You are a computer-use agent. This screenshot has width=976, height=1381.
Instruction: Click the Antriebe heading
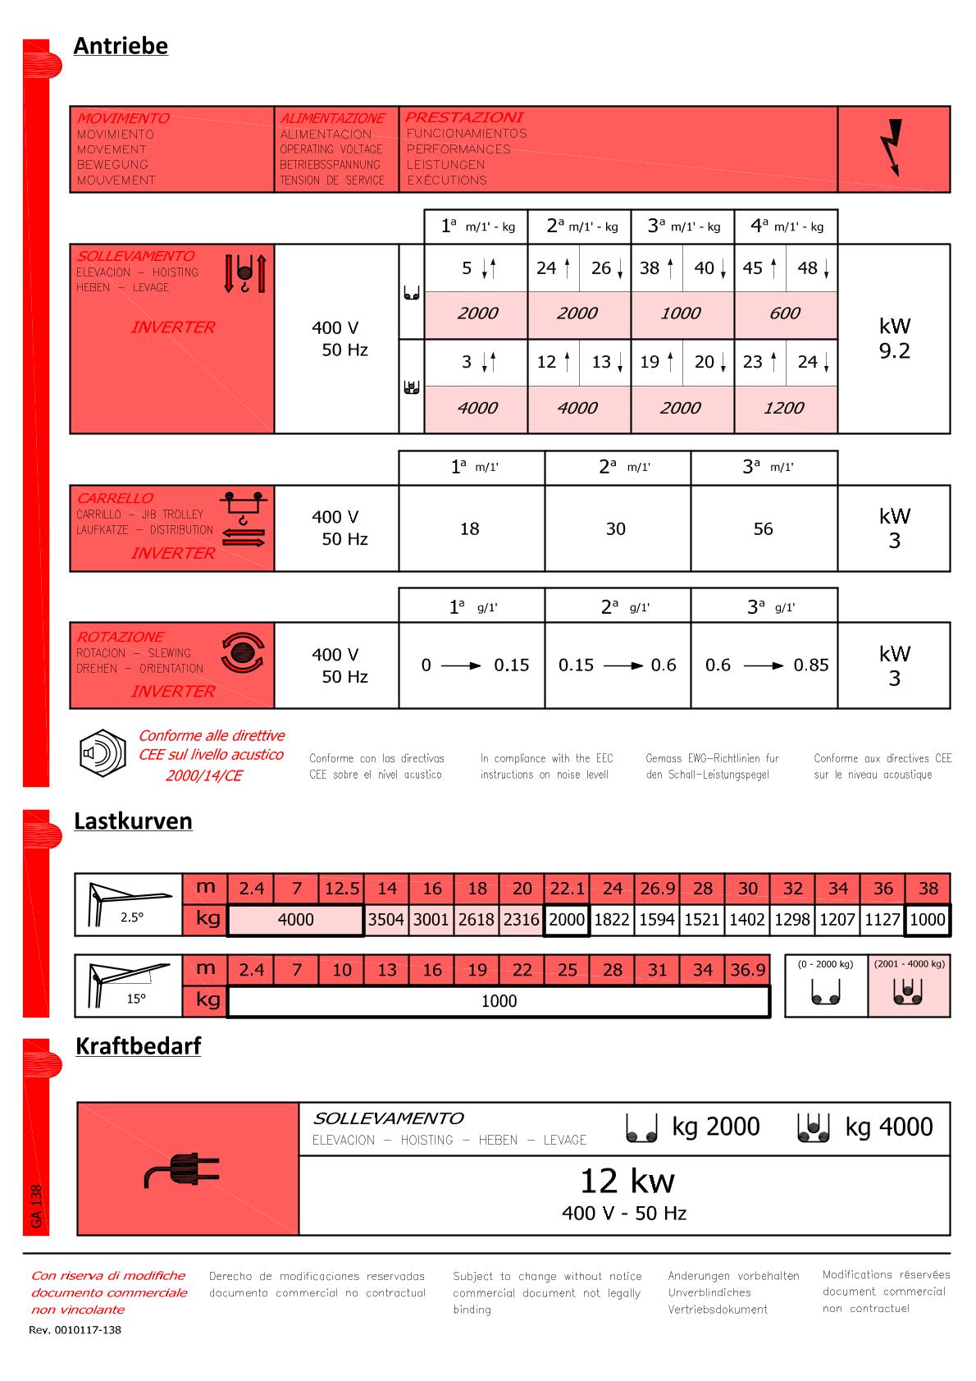(x=121, y=46)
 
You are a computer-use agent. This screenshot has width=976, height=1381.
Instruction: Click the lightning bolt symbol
(x=892, y=148)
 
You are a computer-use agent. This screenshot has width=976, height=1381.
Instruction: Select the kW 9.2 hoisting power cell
(x=894, y=338)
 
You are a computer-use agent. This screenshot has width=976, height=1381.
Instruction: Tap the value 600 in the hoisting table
(x=785, y=313)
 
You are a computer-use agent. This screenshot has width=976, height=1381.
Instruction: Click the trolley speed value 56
(x=763, y=529)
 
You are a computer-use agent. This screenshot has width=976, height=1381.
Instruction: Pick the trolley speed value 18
(x=469, y=529)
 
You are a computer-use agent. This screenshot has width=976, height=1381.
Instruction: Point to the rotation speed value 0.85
(x=810, y=665)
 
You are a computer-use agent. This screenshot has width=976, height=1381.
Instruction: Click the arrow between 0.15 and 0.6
(x=623, y=665)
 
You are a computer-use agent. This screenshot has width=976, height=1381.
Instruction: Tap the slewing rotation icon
(x=243, y=653)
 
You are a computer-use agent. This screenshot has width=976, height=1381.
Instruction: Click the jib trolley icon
(x=243, y=519)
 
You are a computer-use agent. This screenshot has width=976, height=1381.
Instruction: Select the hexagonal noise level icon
(x=103, y=753)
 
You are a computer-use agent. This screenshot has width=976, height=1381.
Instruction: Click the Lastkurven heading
(x=133, y=821)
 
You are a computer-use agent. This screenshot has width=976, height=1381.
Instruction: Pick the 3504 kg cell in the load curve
(x=385, y=920)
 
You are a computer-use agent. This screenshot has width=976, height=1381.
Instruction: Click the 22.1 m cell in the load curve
(x=567, y=889)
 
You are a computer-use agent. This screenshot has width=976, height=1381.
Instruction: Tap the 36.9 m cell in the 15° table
(x=747, y=970)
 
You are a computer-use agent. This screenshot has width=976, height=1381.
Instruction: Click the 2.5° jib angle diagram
(x=128, y=903)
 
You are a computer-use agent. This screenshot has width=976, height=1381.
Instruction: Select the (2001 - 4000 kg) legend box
(x=909, y=985)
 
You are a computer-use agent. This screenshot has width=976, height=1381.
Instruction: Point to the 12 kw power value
(x=627, y=1182)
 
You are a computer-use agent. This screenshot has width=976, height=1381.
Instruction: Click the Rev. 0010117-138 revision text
(x=75, y=1330)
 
